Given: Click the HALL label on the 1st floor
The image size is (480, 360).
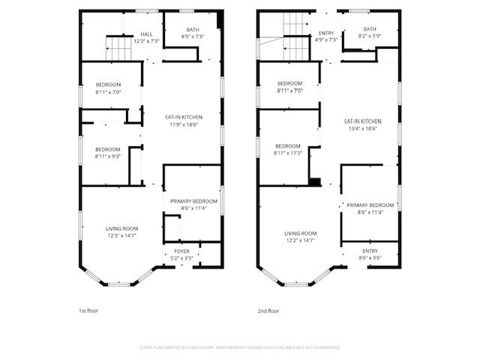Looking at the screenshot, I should coord(147,34).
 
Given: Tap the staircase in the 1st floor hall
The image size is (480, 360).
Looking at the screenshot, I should coord(117,51).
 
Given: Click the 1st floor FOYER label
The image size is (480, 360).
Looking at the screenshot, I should coord(182,250).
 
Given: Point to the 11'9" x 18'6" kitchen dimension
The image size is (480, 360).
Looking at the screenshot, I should coord(184,124).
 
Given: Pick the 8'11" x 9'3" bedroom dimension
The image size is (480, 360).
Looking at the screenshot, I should coord(108,157).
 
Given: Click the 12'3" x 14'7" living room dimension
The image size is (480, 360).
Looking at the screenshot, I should coord(121,235).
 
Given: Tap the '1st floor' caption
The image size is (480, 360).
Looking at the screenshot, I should coord(88,310).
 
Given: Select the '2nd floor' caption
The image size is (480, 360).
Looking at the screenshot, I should coord(268,310).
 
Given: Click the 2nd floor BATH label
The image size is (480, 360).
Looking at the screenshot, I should coord(361,29).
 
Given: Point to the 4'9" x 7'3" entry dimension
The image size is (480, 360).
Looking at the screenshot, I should coord(326,40).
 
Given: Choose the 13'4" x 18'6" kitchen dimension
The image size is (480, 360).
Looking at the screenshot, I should coord(362,128).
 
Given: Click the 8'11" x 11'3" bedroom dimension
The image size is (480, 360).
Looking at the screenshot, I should coord(288,153).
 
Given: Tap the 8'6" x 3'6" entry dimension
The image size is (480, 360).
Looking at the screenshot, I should coord(370,258).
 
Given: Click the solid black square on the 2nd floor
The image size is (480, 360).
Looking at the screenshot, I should coord(316,181).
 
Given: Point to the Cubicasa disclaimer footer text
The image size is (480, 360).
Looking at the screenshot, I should coord(240,347).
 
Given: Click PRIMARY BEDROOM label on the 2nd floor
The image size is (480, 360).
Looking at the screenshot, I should coord(370,205).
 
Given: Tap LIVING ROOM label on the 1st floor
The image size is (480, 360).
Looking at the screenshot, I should coord(121,228).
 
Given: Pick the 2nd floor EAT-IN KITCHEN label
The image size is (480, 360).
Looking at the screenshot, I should coord(363,121).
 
